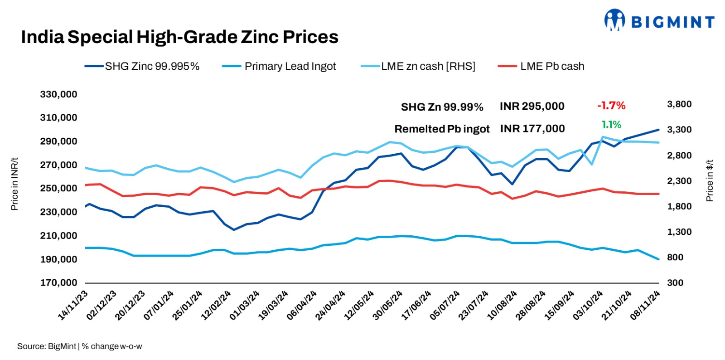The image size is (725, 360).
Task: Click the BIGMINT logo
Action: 659,21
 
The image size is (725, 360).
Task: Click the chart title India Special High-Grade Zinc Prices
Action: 179,37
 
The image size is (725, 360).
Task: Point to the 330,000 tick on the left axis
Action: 58,94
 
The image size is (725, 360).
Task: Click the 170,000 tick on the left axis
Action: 58,282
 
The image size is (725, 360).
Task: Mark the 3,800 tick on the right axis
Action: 679,104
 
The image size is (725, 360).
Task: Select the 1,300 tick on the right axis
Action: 679,232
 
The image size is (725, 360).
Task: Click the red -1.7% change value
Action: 611,106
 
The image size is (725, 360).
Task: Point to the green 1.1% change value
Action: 611,125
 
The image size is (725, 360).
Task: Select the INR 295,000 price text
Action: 532,106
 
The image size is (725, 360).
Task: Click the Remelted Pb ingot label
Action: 442,129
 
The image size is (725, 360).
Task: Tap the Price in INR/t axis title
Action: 14,184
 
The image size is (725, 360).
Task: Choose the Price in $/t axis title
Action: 710,180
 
